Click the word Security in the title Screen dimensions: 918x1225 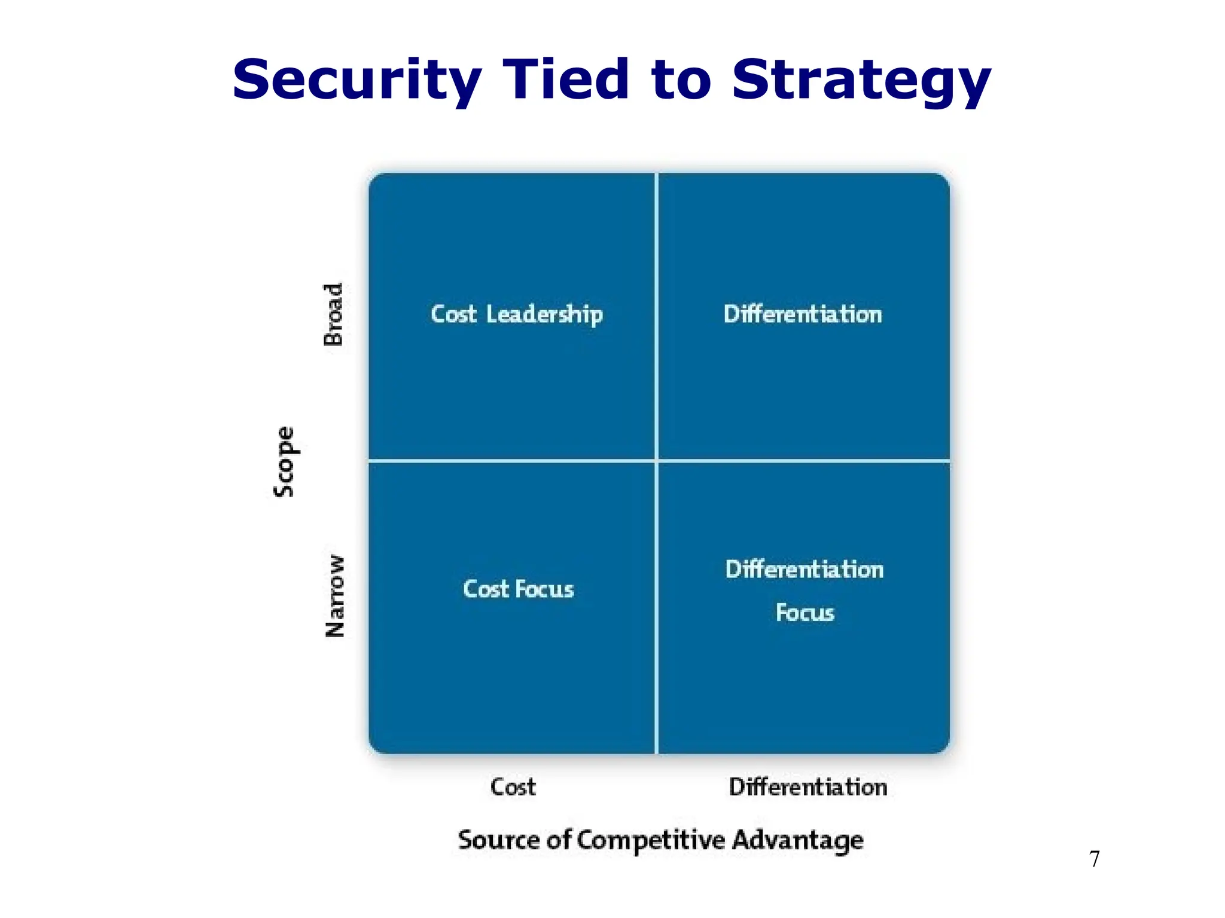[356, 81]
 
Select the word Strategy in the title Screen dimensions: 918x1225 [861, 81]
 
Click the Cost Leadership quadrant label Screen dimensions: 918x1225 [517, 314]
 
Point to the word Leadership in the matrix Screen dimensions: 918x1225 [544, 314]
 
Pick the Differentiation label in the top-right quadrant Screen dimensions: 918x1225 [803, 314]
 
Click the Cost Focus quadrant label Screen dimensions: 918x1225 [518, 589]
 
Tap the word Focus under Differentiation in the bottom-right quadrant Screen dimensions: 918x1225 [805, 613]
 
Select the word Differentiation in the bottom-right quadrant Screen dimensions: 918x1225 [805, 570]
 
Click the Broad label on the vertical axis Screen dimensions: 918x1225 [333, 314]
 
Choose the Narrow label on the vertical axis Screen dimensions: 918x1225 [335, 596]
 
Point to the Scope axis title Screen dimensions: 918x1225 [284, 461]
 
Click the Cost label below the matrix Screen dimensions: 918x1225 [513, 787]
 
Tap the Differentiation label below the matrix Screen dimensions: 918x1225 [807, 787]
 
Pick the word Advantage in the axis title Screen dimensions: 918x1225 [797, 840]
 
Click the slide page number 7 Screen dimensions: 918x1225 [1095, 859]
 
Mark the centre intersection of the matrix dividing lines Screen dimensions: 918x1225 [656, 461]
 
